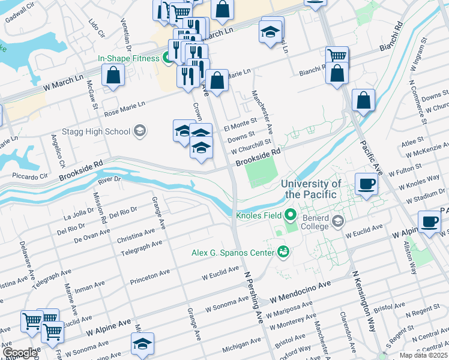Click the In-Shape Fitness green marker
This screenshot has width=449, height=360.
(169, 58)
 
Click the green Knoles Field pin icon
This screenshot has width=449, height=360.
(291, 214)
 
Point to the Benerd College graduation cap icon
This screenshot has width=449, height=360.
(337, 222)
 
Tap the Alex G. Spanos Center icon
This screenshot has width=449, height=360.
(283, 253)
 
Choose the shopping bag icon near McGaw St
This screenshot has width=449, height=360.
(113, 76)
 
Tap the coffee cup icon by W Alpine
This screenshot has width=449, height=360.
(429, 221)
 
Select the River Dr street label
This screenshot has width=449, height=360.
(109, 179)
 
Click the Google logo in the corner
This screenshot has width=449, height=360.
(19, 353)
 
